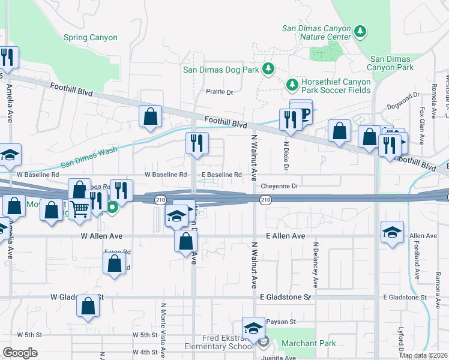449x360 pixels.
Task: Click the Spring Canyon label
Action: click(x=91, y=37)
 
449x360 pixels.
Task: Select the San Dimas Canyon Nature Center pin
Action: click(x=360, y=31)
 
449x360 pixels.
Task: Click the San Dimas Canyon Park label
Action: click(x=391, y=63)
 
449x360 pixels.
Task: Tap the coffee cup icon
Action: click(x=303, y=114)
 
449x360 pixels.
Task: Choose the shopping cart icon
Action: click(x=79, y=209)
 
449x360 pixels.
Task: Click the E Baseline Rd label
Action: click(x=221, y=175)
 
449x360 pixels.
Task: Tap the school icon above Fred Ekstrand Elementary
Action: click(x=253, y=328)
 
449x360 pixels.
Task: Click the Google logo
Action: click(x=20, y=352)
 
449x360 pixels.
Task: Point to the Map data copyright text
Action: click(x=424, y=355)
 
